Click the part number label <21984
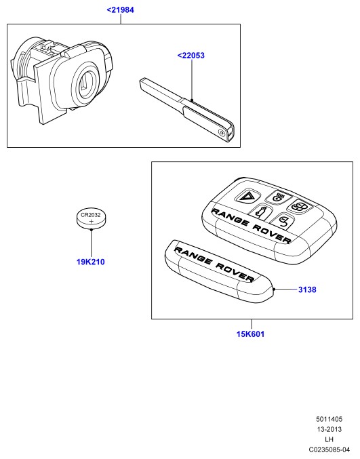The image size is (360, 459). [x=120, y=10]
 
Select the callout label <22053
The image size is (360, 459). [x=191, y=56]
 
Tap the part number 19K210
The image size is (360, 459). [x=90, y=262]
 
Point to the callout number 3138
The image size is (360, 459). [x=307, y=290]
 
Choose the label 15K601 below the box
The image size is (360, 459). [x=250, y=334]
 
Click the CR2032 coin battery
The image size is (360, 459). [x=91, y=219]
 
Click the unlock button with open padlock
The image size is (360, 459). [x=281, y=222]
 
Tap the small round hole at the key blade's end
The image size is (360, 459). [x=222, y=133]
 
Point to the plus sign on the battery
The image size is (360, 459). [x=92, y=221]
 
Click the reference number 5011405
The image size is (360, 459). [x=329, y=419]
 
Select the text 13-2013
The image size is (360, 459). [x=329, y=429]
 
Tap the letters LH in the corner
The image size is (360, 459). [x=329, y=439]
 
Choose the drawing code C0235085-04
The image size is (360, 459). [x=329, y=450]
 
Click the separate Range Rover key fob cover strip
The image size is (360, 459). [x=218, y=271]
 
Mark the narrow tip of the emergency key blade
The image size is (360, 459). [x=142, y=81]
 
